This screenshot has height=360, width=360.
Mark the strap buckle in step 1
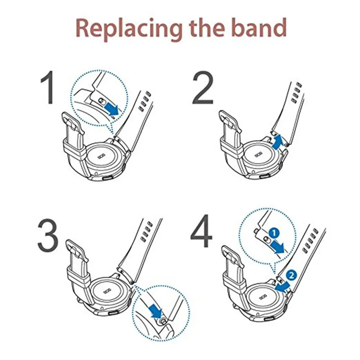73,122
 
